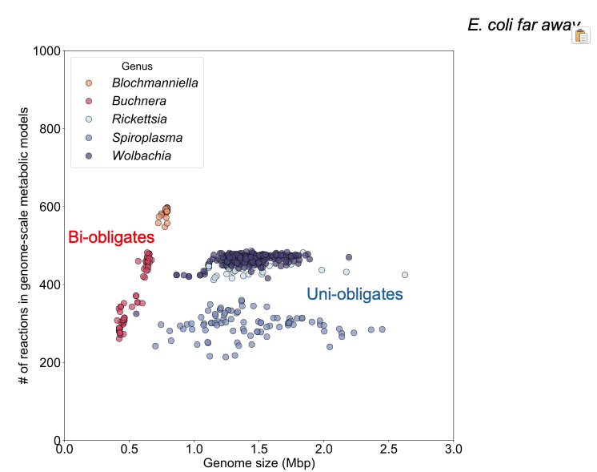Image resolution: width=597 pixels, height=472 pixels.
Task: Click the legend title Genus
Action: click(137, 66)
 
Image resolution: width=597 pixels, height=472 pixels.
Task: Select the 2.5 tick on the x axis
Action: click(389, 448)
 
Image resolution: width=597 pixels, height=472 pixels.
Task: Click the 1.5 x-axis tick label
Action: click(259, 448)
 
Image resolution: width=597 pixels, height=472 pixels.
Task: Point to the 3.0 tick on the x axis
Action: click(454, 448)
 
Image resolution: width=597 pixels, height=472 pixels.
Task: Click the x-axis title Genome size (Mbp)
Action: click(258, 463)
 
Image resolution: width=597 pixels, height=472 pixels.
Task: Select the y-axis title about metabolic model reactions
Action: click(23, 245)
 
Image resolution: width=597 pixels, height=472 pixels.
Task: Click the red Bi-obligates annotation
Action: click(110, 237)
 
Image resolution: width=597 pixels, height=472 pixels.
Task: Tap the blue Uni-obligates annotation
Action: click(355, 295)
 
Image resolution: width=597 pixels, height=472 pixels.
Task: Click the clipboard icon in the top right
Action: click(581, 35)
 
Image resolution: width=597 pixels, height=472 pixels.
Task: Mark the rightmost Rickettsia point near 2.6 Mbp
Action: click(404, 275)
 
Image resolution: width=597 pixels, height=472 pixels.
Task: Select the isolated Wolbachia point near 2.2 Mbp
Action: click(349, 257)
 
